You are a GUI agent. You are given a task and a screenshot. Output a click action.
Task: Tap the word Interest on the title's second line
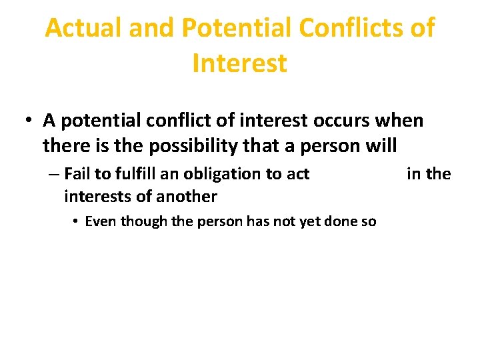(x=239, y=63)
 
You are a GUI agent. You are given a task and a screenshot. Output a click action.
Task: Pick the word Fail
(x=78, y=174)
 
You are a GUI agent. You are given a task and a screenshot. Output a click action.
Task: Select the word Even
(x=100, y=222)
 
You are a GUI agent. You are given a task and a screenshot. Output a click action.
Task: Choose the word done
(x=343, y=222)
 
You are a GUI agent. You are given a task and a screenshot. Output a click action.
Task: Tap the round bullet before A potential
(x=29, y=121)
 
